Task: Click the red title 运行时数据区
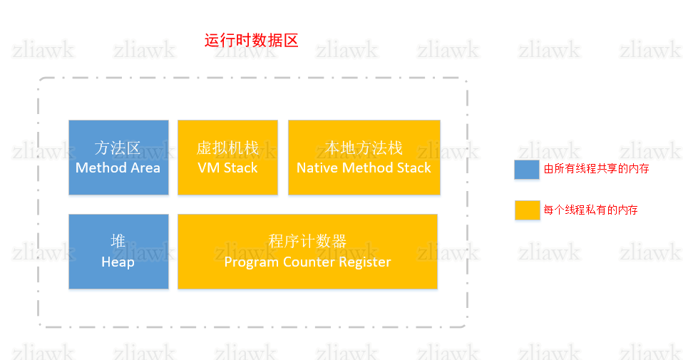[251, 40]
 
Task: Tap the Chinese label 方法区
[118, 148]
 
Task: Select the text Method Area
[118, 168]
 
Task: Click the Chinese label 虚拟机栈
[227, 148]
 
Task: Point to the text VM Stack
[227, 168]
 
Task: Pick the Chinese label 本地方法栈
[364, 148]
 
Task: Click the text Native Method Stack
[364, 168]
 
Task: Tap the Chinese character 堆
[118, 242]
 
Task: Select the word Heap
[118, 262]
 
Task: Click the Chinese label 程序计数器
[307, 242]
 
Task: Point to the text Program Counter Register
[307, 262]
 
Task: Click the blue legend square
[527, 169]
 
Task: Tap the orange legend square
[527, 210]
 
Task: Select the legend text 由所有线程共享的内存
[596, 169]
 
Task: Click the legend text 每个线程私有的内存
[590, 210]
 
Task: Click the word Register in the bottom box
[364, 262]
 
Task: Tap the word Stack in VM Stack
[240, 168]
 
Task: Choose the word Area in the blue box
[145, 168]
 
